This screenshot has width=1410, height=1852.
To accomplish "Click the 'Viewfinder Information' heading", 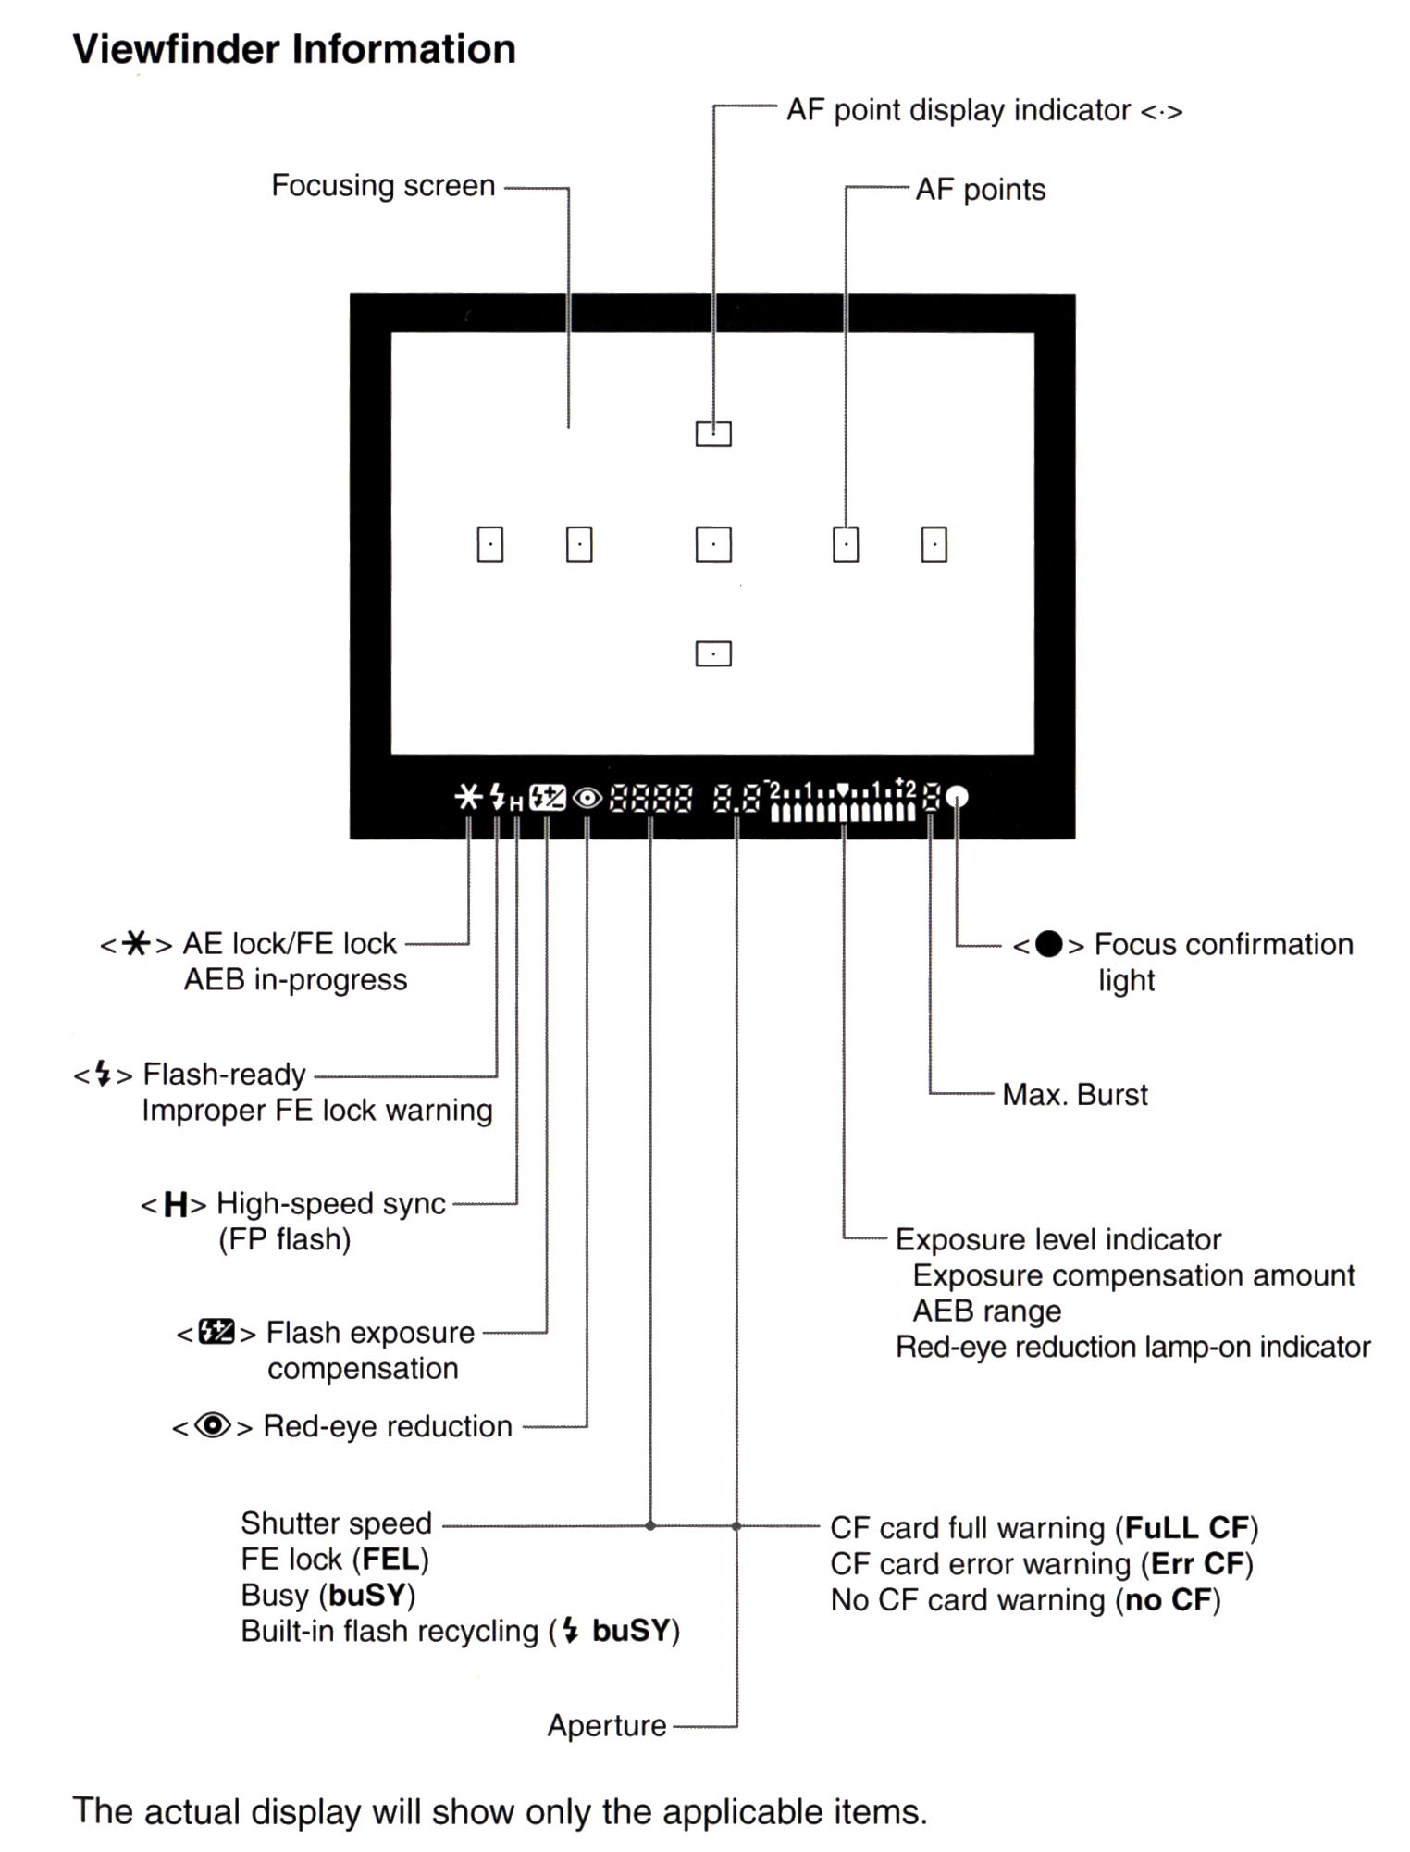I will coord(294,49).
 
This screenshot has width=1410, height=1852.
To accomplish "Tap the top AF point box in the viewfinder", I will coord(713,433).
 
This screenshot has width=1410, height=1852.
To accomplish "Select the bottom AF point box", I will coord(713,654).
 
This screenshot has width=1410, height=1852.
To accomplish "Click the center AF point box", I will coord(713,544).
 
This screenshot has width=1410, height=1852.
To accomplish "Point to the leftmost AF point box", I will coord(489,544).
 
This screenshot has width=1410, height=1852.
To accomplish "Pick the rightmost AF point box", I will coord(934,544).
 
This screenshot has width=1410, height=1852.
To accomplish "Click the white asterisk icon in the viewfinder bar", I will coord(469,797).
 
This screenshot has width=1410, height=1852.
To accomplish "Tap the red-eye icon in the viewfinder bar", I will coord(587,798).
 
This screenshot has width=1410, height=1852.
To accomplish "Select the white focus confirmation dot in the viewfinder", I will coord(959,797).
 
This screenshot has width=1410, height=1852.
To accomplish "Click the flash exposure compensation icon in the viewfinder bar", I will coord(548,797).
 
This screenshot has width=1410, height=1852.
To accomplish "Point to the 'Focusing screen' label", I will coord(383,186).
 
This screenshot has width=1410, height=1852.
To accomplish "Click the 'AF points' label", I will coord(981,190).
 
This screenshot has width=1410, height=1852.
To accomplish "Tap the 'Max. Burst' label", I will coord(1075,1095).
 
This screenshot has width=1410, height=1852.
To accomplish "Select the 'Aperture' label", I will coord(607,1725).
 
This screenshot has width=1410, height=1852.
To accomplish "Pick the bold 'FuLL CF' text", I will coord(1187,1527).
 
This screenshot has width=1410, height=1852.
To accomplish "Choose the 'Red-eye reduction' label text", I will coord(388,1426).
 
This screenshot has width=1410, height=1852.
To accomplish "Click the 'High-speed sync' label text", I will coord(331,1204).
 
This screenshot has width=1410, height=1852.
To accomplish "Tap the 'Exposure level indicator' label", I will coord(1058,1239).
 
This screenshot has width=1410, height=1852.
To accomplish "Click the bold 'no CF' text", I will coord(1169,1599).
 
